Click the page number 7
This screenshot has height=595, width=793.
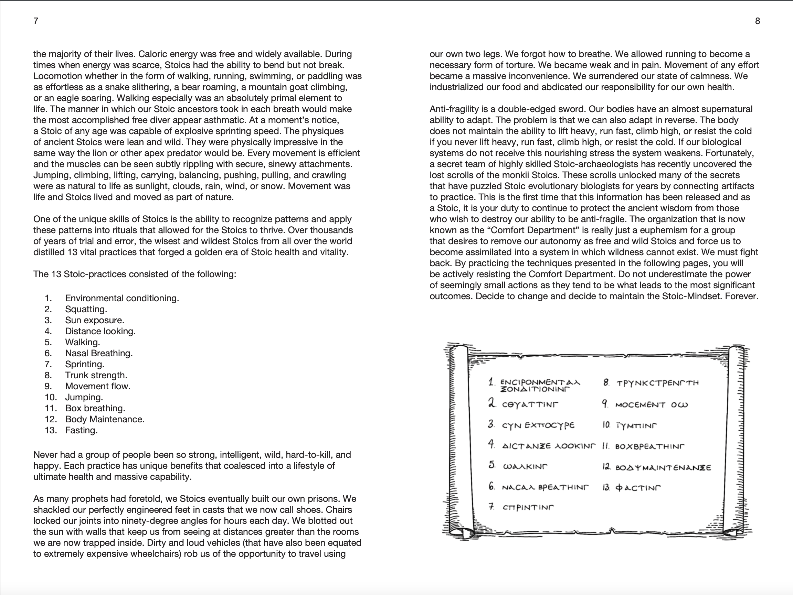pos(36,21)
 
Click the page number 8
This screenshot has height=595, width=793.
pos(757,21)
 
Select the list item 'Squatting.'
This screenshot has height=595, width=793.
pos(86,309)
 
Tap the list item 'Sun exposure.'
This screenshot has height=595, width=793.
pos(95,320)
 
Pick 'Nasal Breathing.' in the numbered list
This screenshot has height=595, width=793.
pos(99,353)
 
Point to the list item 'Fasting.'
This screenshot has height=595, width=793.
pos(81,430)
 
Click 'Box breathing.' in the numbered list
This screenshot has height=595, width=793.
pos(95,408)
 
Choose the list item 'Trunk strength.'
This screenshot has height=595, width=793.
pos(96,376)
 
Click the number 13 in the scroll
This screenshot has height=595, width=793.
pos(606,488)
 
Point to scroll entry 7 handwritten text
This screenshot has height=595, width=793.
pos(528,508)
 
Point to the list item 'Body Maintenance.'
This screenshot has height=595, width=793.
pos(105,420)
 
